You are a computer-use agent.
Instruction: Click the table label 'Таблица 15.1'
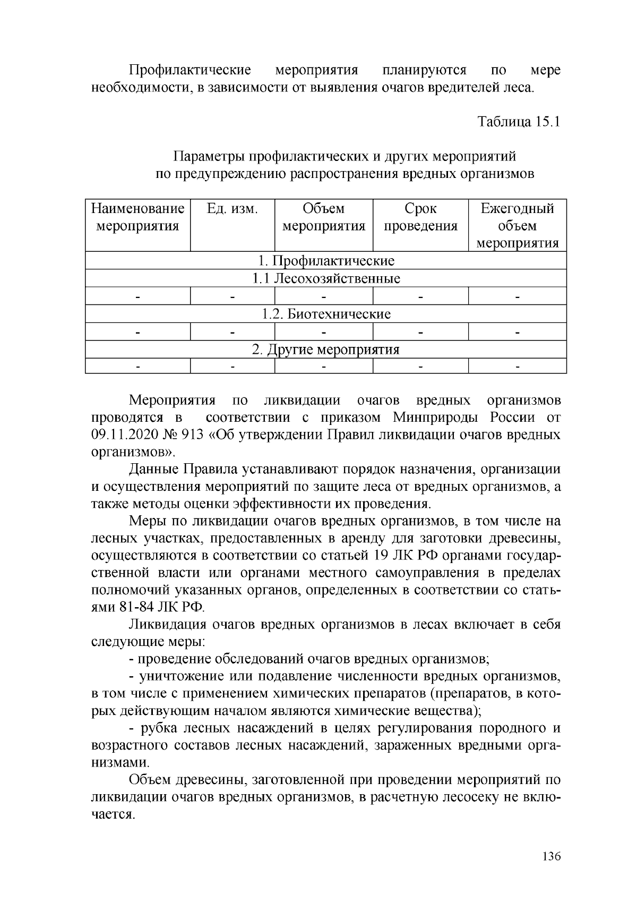[x=519, y=122]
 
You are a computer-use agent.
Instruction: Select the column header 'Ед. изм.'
[x=232, y=209]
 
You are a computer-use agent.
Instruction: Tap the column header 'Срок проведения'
[x=420, y=217]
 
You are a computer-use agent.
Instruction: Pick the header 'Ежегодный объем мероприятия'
[x=517, y=225]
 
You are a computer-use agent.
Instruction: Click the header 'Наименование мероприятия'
[x=138, y=217]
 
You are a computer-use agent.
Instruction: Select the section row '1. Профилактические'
[x=326, y=261]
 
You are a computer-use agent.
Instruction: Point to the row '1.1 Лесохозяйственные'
[x=326, y=278]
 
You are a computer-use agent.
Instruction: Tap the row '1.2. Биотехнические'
[x=326, y=314]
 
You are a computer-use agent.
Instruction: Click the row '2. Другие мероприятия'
[x=326, y=350]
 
